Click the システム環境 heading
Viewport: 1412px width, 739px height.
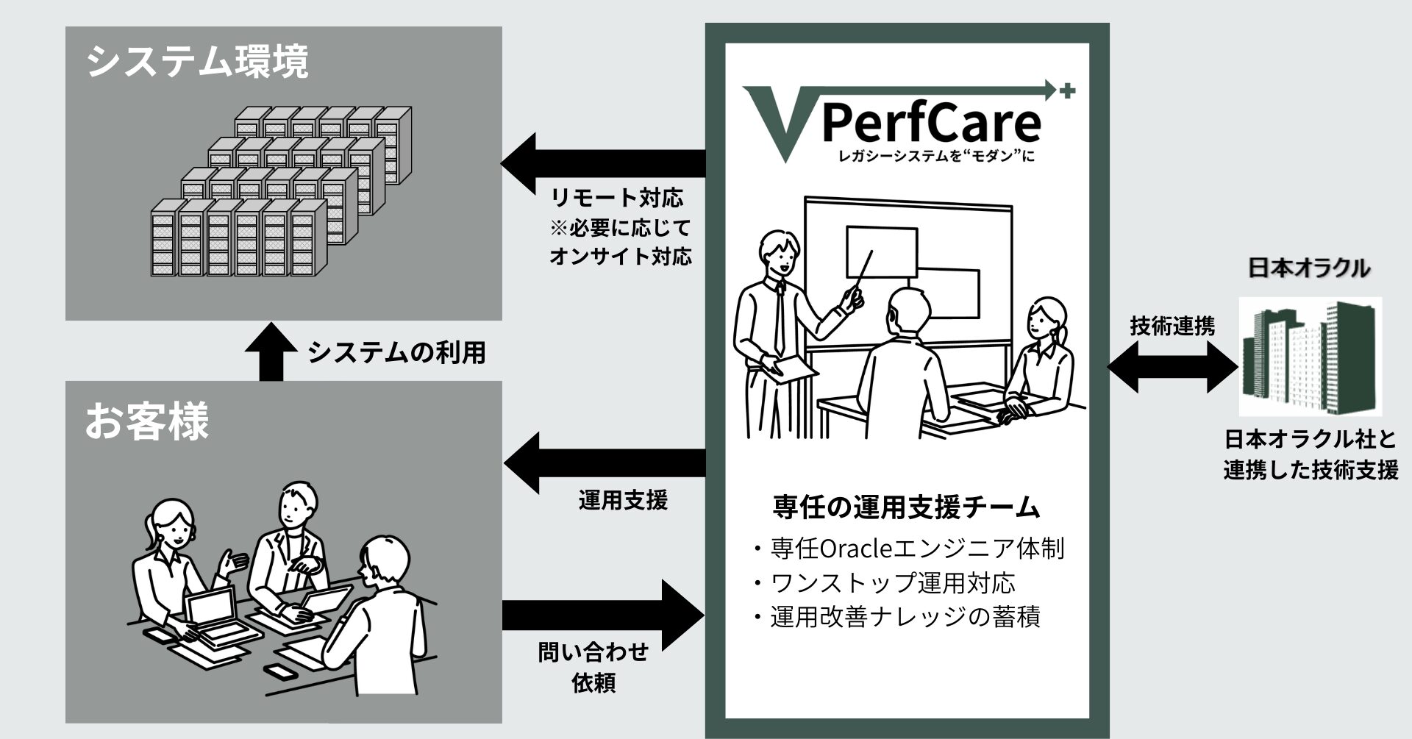(x=197, y=62)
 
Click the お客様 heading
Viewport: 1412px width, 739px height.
(x=146, y=421)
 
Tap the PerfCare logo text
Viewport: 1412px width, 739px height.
(x=930, y=124)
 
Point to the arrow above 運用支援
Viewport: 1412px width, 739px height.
(x=603, y=463)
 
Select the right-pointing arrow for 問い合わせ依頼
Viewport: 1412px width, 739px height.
(x=603, y=615)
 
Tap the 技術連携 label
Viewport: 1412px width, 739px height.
(x=1172, y=326)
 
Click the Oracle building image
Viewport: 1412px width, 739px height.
(x=1310, y=357)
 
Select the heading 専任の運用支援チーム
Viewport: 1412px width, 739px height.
(x=907, y=507)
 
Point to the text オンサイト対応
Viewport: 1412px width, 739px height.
(x=620, y=257)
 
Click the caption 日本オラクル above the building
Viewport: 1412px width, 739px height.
(x=1309, y=268)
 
